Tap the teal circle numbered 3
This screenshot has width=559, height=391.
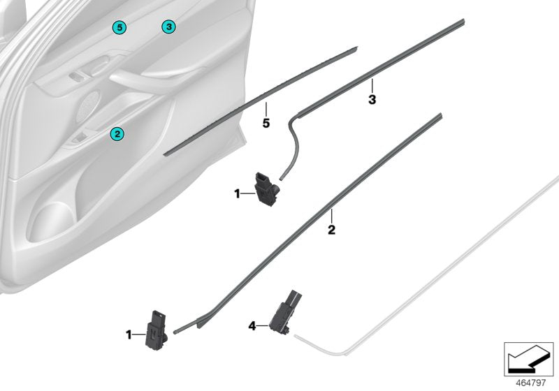coord(168,27)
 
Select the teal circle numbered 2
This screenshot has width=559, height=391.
coord(117,133)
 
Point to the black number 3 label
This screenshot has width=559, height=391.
coord(372,100)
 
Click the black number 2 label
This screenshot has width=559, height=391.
coord(331,229)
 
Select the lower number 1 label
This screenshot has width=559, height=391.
coord(129,336)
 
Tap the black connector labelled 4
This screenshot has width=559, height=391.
coord(286,311)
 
